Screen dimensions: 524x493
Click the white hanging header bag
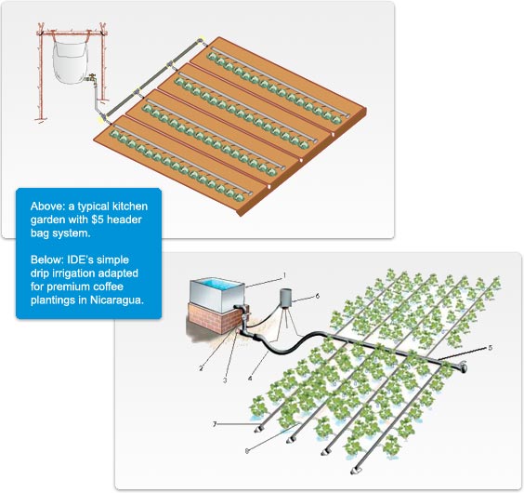click(70, 62)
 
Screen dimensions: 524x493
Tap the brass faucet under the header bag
click(91, 79)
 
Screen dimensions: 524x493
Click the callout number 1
click(284, 275)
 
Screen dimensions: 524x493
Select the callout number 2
click(201, 368)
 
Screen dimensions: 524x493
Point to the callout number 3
click(225, 380)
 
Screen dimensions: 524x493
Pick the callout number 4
click(250, 379)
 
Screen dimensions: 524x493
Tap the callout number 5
click(491, 348)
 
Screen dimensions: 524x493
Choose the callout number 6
click(318, 296)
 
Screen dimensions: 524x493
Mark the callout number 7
click(215, 424)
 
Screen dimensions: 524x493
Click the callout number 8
click(247, 451)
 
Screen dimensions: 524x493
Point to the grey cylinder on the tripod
click(286, 298)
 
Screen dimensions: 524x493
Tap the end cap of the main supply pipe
click(463, 366)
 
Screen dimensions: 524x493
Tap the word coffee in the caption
click(109, 286)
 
